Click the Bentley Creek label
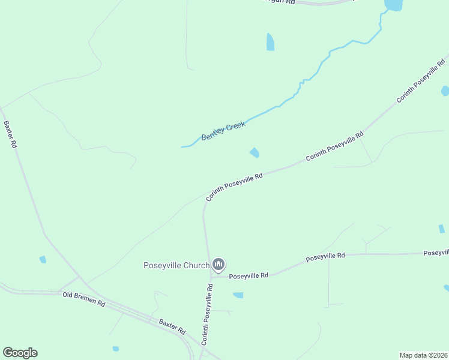tap(223, 130)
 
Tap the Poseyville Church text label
tap(176, 265)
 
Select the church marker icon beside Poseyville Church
tap(218, 265)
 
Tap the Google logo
tap(20, 353)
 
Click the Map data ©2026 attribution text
tap(423, 355)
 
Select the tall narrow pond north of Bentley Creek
tap(270, 42)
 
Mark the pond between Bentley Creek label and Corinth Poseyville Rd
tap(255, 153)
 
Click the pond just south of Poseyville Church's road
tap(238, 295)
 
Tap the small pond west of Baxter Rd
tap(43, 260)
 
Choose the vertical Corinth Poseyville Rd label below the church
tap(206, 314)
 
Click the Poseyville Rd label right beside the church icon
tap(248, 275)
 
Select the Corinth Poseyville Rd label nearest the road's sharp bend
tap(234, 187)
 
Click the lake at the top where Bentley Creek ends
tap(393, 5)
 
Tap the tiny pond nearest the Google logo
tap(115, 349)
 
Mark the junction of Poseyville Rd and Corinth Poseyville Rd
tap(211, 277)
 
